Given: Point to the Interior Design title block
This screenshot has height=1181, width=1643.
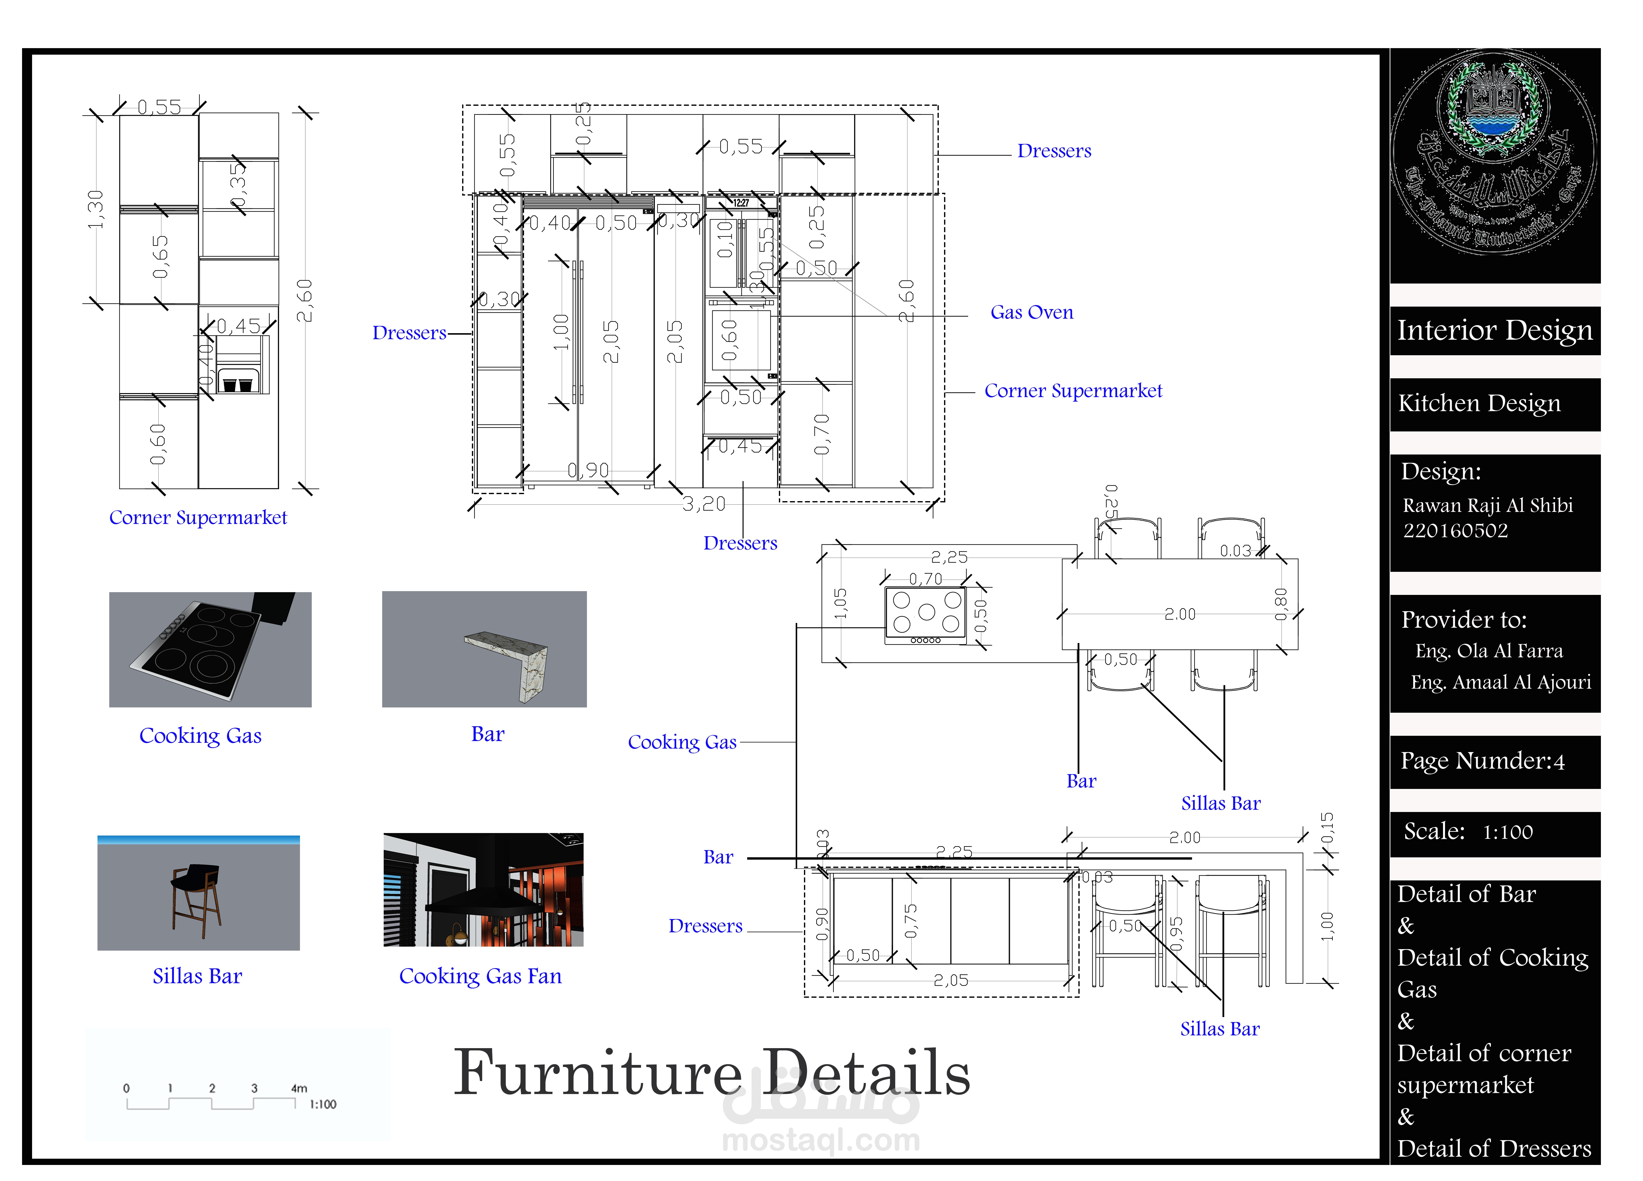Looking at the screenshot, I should (x=1494, y=330).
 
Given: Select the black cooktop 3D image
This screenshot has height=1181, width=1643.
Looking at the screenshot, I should (x=210, y=649).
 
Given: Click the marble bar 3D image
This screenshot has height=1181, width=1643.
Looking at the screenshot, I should (x=484, y=649).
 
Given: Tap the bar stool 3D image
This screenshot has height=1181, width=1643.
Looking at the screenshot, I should (x=198, y=893).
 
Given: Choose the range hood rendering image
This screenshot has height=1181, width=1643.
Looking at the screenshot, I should (x=483, y=890).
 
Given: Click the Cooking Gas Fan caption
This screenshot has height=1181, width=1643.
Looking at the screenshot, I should (x=480, y=976).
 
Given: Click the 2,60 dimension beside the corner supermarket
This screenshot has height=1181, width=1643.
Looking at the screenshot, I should (x=305, y=300).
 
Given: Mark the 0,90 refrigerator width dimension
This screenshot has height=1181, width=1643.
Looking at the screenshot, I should (x=587, y=471).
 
